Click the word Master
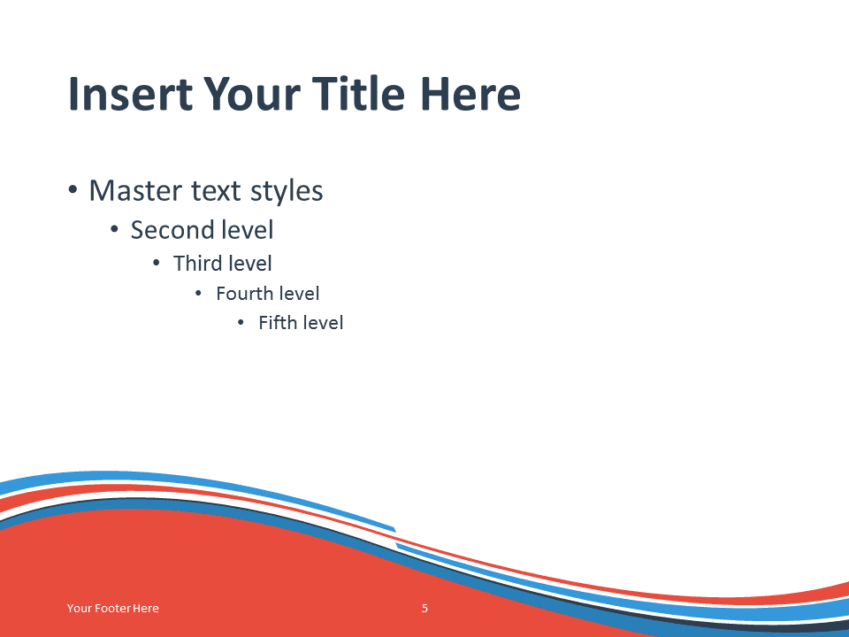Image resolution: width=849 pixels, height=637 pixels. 135,191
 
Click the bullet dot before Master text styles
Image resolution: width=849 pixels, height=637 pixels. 73,190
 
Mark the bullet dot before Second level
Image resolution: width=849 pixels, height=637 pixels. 114,230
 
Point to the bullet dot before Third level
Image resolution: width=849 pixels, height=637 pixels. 157,264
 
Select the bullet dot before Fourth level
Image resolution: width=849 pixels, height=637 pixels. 198,294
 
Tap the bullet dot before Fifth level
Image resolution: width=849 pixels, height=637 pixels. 241,323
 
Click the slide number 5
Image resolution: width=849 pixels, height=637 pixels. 425,609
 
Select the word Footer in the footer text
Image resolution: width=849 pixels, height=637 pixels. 112,609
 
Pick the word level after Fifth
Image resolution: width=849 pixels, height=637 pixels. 322,322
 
